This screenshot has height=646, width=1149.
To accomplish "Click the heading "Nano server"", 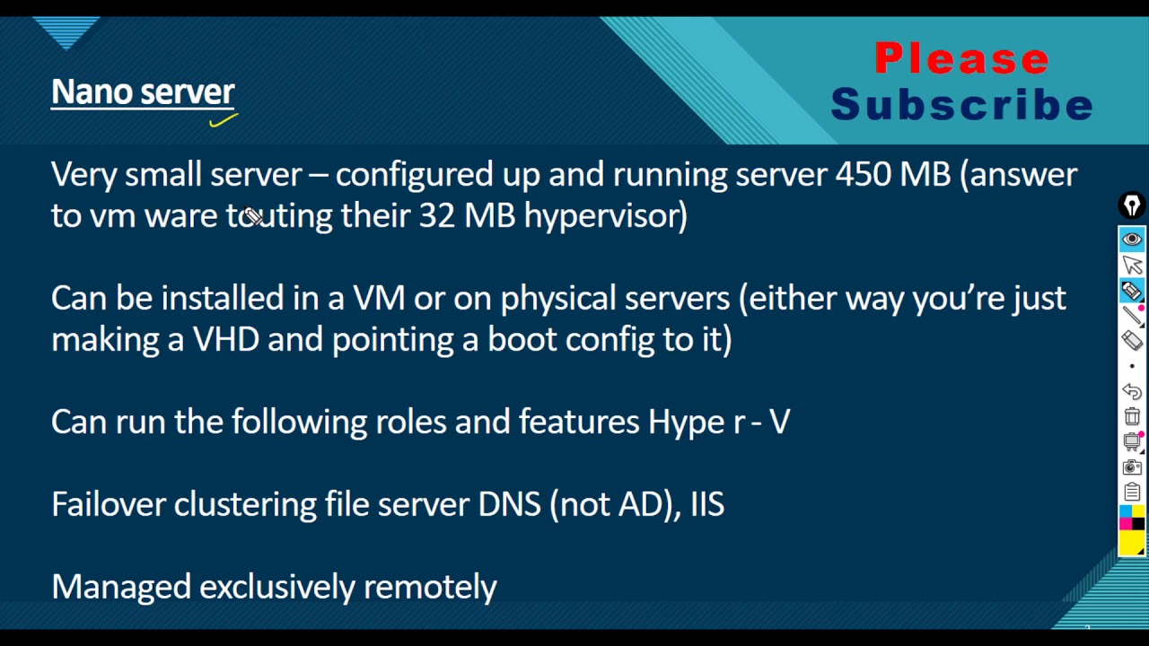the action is (x=143, y=92).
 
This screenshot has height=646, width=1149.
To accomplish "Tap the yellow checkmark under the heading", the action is (x=224, y=120).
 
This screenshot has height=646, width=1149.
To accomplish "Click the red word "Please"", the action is (x=961, y=59).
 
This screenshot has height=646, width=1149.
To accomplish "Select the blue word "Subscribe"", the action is (x=961, y=104).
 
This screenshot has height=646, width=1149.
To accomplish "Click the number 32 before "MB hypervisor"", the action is (x=436, y=215).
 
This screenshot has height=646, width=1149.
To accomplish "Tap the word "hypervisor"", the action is (x=605, y=216).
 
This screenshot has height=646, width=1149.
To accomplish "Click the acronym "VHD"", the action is (x=225, y=339).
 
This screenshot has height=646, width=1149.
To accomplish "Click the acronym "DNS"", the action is (x=509, y=504).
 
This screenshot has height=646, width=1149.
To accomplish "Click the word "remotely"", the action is (x=430, y=587).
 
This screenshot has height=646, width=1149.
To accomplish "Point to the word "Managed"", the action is (x=121, y=588).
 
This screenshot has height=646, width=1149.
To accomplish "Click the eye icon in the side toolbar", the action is (x=1132, y=239).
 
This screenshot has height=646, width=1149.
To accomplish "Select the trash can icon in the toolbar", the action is (x=1132, y=415).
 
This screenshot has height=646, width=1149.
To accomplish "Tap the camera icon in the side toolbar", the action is (x=1132, y=467).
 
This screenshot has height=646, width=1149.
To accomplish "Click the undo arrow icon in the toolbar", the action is (x=1132, y=391).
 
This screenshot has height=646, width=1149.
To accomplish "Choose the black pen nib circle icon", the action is (x=1132, y=205).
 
